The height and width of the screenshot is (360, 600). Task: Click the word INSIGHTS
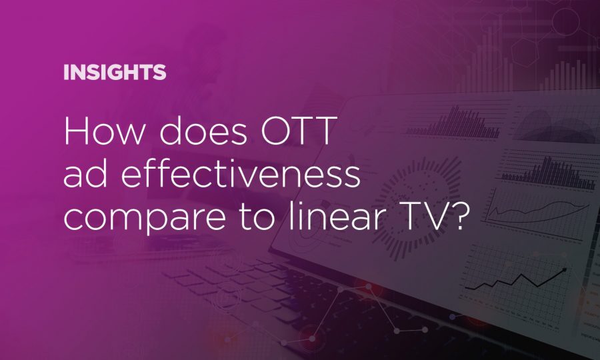(x=115, y=73)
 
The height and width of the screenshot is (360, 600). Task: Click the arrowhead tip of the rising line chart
(x=565, y=269)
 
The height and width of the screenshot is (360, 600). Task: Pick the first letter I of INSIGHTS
(x=65, y=73)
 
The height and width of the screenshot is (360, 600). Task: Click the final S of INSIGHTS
(x=159, y=73)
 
